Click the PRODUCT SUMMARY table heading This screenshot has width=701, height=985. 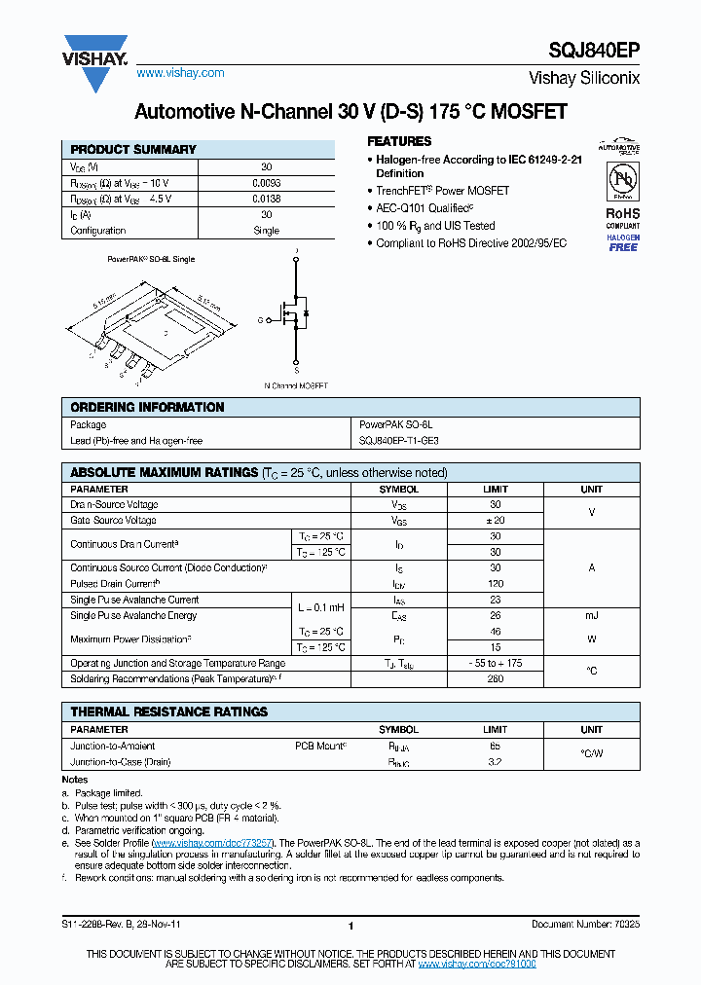[133, 150]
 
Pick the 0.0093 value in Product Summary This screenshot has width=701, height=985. [266, 183]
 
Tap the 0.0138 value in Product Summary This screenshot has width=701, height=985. [266, 199]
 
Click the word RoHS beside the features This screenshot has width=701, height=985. [622, 213]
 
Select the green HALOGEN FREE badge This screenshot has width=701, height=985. [622, 243]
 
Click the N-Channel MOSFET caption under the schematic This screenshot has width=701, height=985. [296, 385]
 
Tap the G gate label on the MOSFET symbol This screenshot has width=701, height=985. [260, 319]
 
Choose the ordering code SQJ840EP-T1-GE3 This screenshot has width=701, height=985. [399, 441]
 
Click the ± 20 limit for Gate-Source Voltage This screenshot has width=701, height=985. [496, 521]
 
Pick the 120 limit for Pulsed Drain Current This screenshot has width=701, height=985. [496, 584]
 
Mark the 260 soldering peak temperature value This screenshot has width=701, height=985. [496, 679]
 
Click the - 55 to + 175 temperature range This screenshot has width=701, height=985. [496, 664]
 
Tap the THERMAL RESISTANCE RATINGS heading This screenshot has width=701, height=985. [169, 712]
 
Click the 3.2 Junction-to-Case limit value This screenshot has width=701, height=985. [496, 762]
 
